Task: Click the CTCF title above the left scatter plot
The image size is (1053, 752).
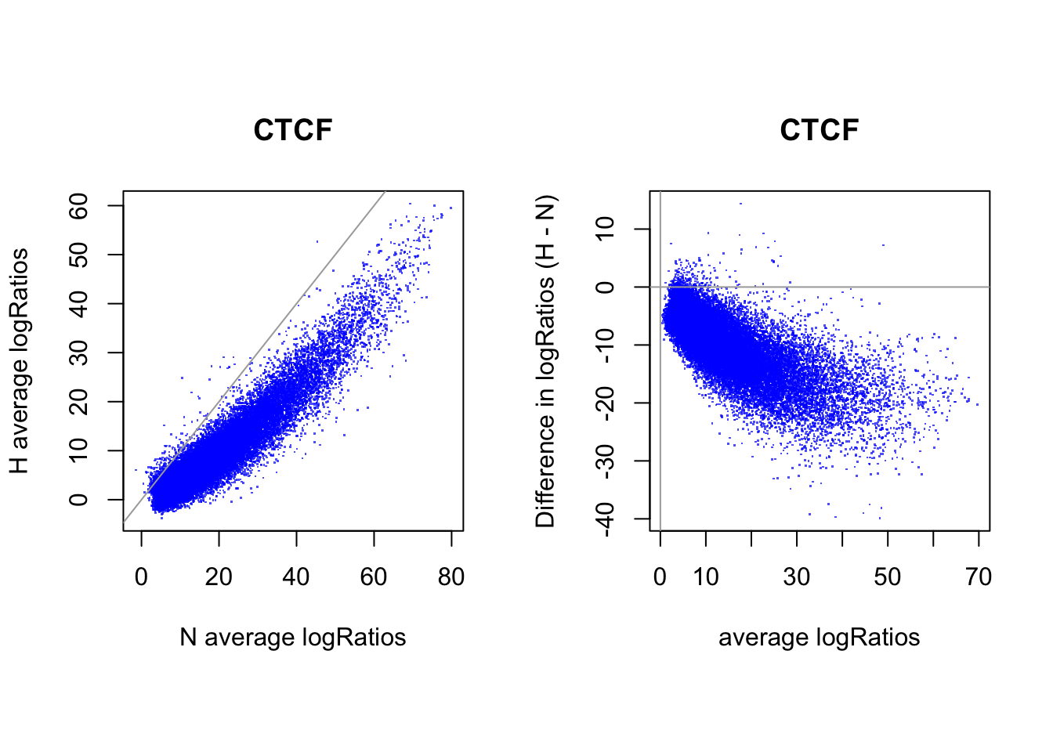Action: click(293, 130)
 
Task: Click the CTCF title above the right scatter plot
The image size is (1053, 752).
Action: click(819, 130)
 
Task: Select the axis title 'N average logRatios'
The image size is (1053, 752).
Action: click(293, 637)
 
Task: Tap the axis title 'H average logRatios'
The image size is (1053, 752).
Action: click(20, 361)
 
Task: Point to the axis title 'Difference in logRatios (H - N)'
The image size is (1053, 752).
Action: click(545, 361)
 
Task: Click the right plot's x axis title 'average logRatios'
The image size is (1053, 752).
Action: click(819, 637)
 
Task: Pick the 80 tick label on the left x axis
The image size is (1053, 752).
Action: click(451, 577)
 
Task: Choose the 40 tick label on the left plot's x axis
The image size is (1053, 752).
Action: click(296, 577)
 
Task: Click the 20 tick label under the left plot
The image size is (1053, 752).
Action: click(219, 577)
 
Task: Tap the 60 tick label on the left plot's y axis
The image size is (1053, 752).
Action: click(78, 206)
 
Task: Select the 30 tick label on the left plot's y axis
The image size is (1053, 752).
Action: click(78, 352)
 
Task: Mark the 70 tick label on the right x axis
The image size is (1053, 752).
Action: click(979, 577)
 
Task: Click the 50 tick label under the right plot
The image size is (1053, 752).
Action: click(888, 577)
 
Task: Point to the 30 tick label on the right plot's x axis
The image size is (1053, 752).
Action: click(797, 577)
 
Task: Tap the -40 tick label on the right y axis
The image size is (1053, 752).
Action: click(605, 519)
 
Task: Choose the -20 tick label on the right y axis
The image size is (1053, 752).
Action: click(605, 403)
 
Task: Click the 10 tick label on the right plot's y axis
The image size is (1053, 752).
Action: click(605, 229)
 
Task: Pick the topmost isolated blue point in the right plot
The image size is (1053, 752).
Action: click(740, 204)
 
